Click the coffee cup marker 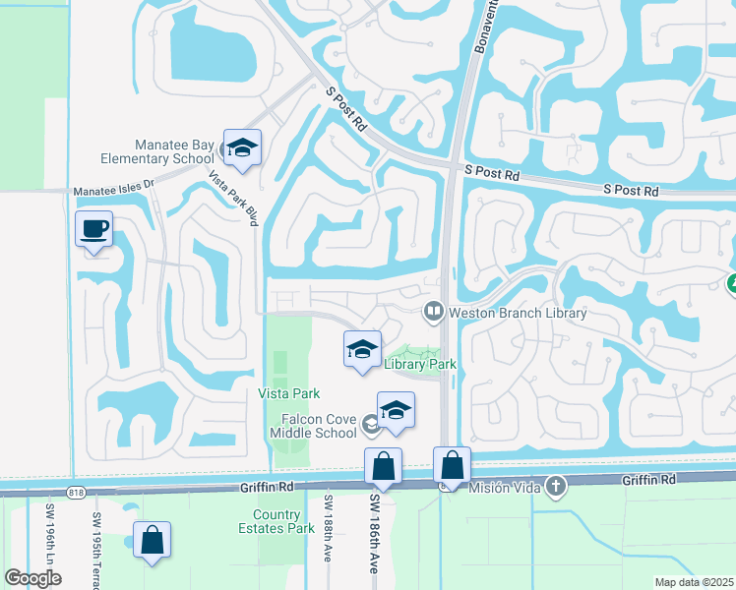tap(94, 230)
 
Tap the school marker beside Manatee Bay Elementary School tap(241, 149)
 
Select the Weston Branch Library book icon tap(433, 313)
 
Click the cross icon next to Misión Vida tap(556, 485)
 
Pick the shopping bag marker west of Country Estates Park tap(152, 541)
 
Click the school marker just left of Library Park tap(362, 350)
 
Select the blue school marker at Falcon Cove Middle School tap(396, 411)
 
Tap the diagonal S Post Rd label tap(345, 108)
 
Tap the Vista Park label tap(288, 393)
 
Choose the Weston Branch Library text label tap(518, 313)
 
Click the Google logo tap(33, 578)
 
